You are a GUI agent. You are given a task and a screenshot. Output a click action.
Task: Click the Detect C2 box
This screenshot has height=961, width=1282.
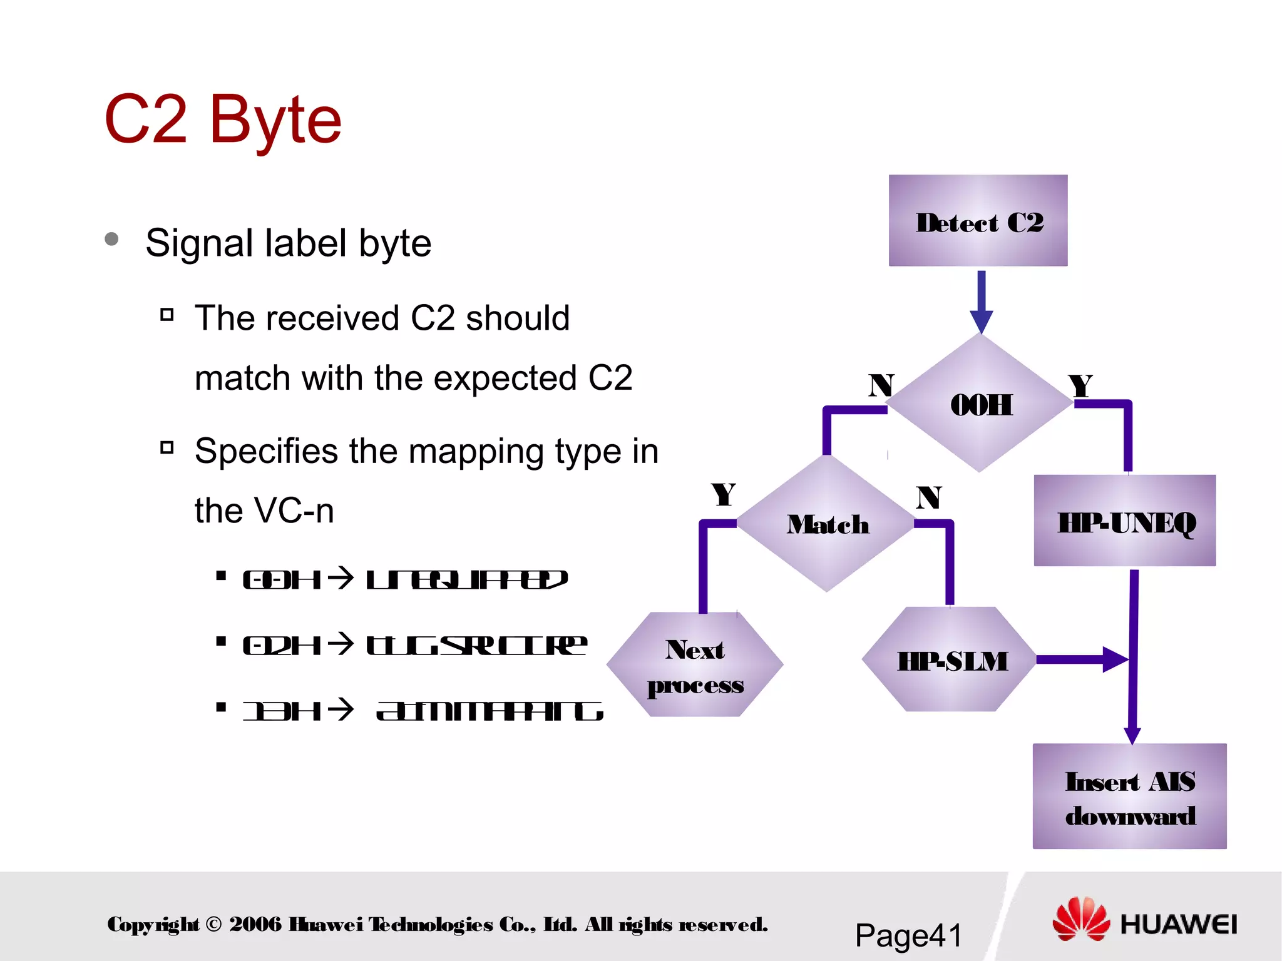pos(978,220)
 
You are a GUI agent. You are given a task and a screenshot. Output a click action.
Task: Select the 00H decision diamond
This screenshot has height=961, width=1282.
pos(980,404)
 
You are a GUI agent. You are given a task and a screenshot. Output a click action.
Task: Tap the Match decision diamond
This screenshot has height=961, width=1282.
pos(827,524)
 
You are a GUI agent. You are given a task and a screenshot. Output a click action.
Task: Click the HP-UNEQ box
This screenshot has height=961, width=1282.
pos(1125,521)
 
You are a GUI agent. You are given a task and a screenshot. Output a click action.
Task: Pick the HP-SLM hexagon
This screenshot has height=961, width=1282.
pos(951,660)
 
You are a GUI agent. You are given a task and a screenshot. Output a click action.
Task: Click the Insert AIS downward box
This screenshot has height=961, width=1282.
pos(1129,796)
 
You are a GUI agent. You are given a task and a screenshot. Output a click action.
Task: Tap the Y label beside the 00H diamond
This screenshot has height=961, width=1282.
pos(1080,385)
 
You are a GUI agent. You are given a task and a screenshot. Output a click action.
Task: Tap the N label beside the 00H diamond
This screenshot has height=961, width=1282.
pos(881,385)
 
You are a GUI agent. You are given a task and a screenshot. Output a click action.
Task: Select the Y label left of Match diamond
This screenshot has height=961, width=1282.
pos(724,495)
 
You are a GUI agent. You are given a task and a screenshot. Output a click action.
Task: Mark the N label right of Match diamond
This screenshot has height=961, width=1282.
pos(929,498)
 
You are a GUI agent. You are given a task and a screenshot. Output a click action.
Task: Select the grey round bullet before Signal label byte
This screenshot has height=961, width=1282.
pos(112,239)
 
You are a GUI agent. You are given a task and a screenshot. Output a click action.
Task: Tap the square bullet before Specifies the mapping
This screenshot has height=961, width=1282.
pos(167,447)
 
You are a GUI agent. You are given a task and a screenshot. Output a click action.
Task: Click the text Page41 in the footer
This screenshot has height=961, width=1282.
pos(908,936)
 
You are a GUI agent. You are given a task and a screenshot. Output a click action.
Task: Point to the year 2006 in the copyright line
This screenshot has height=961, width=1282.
pos(255,924)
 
